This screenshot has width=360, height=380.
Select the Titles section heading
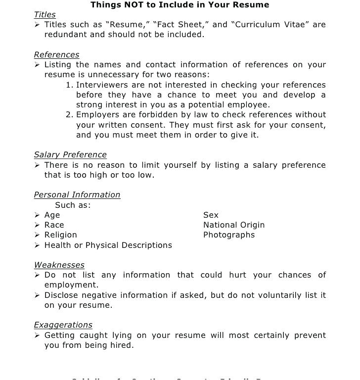pos(45,15)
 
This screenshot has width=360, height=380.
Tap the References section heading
pos(56,55)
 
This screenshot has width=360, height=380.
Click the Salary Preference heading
pos(70,155)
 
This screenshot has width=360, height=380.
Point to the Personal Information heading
pos(77,195)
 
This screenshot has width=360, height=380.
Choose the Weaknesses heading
pos(59,265)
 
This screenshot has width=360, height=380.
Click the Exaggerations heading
pos(63,325)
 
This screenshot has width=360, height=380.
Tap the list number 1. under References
pos(69,85)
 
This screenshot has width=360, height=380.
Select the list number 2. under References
pos(69,115)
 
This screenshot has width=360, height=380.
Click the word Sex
pos(211,215)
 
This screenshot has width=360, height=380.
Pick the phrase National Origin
pos(234,225)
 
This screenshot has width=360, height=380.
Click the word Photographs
pos(229,235)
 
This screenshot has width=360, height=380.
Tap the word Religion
pos(61,235)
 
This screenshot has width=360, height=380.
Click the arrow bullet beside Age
pos(37,215)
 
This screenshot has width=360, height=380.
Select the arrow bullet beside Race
pos(37,225)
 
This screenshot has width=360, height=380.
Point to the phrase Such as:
pos(73,205)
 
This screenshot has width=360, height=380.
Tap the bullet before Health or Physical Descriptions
pos(37,245)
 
